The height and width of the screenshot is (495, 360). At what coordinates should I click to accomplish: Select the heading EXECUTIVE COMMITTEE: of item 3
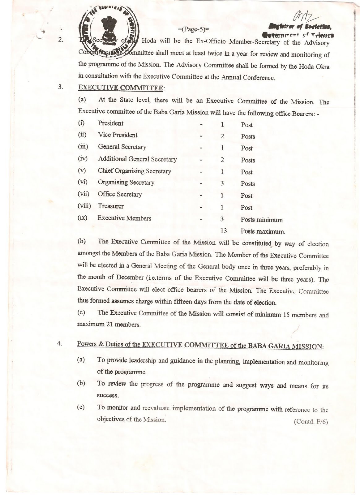coord(121,88)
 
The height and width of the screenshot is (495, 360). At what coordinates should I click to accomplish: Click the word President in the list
coord(110,123)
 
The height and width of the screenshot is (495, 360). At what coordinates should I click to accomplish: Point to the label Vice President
coord(118,135)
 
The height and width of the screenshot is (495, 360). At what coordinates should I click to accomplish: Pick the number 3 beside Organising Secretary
coord(222,183)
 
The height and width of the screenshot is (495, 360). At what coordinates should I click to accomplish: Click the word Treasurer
coord(110,206)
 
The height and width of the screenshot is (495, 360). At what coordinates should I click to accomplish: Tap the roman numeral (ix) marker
coord(82,218)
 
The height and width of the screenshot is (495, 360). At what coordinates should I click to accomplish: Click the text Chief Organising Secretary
coord(134,171)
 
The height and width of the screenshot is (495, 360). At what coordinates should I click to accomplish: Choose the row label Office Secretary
coord(120,194)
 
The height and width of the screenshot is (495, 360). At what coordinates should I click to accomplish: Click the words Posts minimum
coord(262,220)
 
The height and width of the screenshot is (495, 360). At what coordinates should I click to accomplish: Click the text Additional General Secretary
coord(137,159)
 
